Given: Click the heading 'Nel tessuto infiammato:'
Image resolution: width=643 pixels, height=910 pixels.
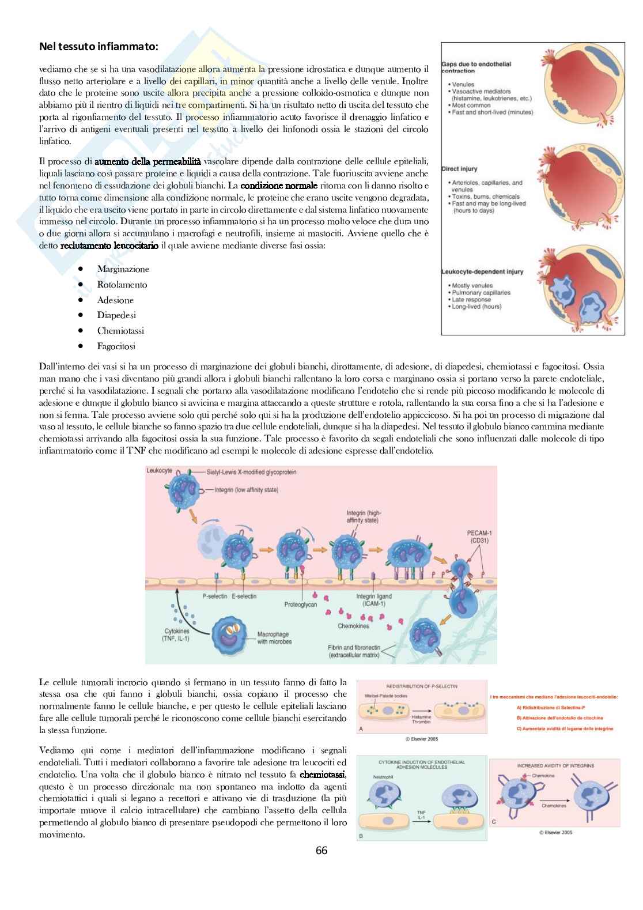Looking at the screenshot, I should (98, 46).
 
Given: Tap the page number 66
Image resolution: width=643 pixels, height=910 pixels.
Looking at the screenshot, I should (321, 850).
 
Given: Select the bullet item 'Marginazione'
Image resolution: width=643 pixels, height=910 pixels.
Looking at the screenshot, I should (123, 269).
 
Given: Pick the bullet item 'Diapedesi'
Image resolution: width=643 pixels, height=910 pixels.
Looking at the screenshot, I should (116, 315).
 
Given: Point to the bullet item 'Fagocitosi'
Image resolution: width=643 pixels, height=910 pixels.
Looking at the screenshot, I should (116, 346).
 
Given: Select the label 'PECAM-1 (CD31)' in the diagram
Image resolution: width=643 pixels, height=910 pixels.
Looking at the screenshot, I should (479, 537).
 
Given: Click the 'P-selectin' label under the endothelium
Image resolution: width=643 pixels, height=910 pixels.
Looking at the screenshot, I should (214, 596).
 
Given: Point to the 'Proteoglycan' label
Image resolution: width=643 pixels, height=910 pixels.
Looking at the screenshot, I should (300, 605).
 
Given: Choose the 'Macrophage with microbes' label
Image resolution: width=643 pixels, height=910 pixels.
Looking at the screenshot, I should (274, 638).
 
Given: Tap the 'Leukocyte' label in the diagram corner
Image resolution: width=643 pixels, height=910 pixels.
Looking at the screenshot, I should (159, 471).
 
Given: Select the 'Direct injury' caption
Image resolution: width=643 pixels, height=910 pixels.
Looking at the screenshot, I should (459, 169).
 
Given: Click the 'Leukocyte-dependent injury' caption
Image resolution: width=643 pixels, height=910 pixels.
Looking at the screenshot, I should (482, 271).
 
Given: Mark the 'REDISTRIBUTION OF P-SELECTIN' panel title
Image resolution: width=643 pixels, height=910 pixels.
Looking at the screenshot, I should (421, 686).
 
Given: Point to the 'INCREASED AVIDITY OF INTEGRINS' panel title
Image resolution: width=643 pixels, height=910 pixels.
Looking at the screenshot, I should (555, 765).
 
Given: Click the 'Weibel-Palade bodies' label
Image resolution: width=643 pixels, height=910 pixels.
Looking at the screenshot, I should (385, 696).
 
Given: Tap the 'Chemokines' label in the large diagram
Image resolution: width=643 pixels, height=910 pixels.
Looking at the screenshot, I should (353, 626).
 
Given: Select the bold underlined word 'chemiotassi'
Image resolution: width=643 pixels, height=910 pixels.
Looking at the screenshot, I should (323, 775).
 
